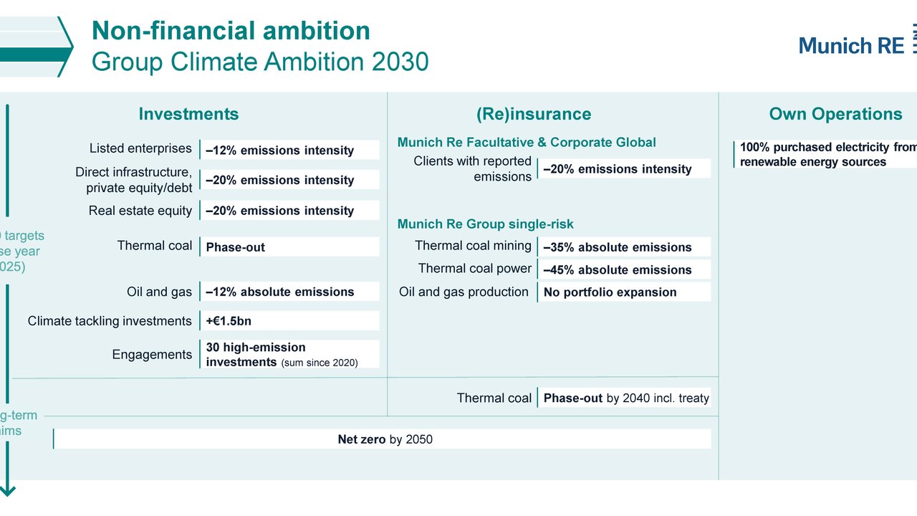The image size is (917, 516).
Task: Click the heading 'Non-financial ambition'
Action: [x=231, y=31]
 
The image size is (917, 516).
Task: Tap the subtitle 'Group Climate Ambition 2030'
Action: [x=259, y=62]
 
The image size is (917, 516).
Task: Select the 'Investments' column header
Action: [x=188, y=114]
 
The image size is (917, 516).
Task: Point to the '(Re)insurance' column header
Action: [x=534, y=114]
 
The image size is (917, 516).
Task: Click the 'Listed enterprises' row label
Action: [x=140, y=148]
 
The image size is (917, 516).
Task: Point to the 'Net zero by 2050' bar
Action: [x=384, y=439]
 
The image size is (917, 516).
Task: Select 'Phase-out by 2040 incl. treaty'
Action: [x=625, y=398]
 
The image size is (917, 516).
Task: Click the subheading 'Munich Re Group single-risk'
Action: [x=485, y=224]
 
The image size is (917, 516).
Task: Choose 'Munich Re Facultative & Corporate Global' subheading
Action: [x=527, y=142]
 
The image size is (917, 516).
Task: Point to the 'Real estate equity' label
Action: [x=140, y=211]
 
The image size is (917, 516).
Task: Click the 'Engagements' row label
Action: [x=152, y=355]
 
